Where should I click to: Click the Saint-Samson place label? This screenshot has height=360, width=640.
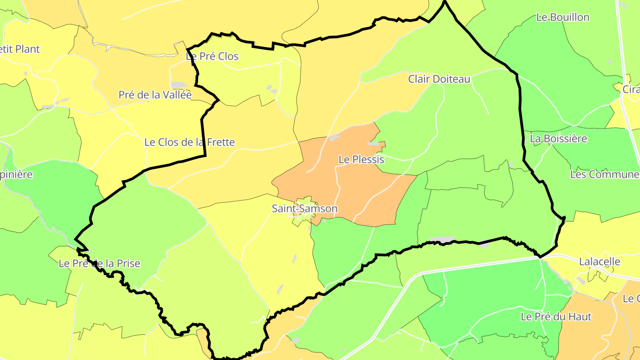(304, 208)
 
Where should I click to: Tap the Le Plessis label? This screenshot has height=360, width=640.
(361, 159)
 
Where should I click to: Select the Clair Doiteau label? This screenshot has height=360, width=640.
(439, 79)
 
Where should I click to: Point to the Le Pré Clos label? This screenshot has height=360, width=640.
(212, 56)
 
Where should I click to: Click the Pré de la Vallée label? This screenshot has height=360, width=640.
(155, 95)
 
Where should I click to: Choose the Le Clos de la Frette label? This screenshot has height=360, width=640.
(189, 142)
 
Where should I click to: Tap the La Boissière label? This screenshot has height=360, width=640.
(558, 139)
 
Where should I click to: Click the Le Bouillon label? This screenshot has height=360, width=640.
(563, 17)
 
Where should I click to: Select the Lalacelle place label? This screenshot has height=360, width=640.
(600, 262)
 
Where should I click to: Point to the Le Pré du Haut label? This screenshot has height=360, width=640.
(556, 317)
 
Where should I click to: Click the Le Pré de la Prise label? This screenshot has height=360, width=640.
(99, 264)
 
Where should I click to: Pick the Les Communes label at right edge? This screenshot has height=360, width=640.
(604, 174)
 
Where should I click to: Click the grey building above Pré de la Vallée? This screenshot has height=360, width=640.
(179, 84)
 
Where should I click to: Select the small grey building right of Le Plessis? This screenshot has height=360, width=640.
(373, 144)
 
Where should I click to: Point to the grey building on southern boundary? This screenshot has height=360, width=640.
(442, 240)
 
